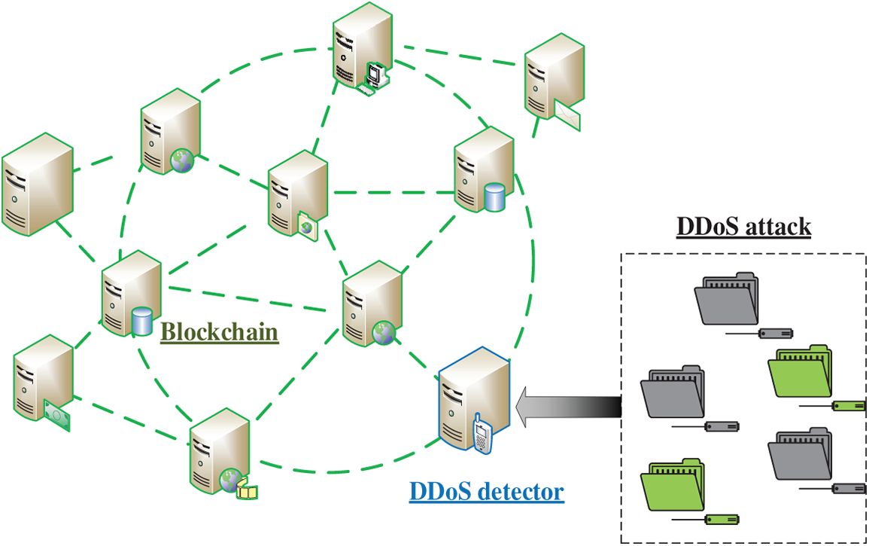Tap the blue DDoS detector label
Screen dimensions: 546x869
(487, 492)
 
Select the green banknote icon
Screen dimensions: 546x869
(58, 416)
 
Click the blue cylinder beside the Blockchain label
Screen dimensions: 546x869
(141, 321)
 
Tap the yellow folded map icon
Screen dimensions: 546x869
(248, 491)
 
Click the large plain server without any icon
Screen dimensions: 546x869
(38, 185)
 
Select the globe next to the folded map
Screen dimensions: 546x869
(229, 479)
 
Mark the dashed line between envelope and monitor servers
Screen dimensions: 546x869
(459, 53)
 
